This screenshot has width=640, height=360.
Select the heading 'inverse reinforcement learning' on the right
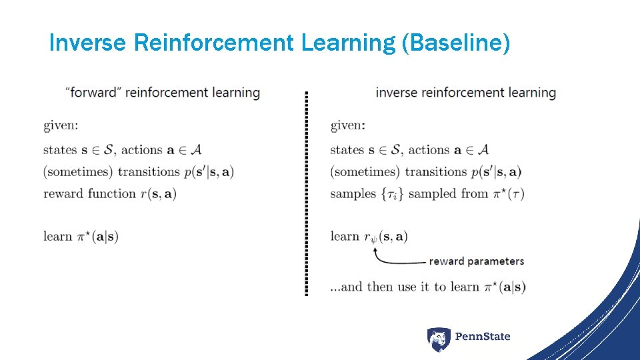coord(465,92)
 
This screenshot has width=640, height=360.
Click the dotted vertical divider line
coord(306,193)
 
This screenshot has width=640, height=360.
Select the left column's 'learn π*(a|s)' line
coord(81,236)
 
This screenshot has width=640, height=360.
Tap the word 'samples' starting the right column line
coord(353,194)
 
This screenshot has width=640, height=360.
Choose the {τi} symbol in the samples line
coord(392,194)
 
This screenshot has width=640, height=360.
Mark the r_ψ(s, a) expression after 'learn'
coord(385,237)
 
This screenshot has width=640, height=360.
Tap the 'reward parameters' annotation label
coord(476,261)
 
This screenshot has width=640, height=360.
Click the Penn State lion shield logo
coord(438,339)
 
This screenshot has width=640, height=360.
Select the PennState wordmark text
coord(482,337)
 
